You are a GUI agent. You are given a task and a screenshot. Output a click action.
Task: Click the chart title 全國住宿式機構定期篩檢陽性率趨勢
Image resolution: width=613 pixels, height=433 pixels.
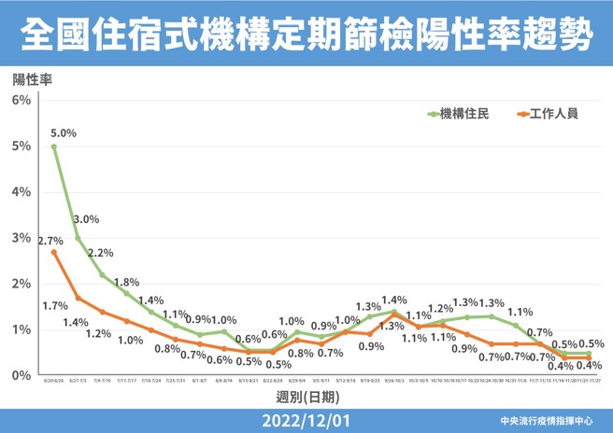[x=306, y=35]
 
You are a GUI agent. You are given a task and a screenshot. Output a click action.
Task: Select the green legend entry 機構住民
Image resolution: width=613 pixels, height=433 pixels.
[x=458, y=115]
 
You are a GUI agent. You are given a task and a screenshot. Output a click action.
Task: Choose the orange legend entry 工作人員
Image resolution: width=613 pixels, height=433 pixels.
[x=547, y=115]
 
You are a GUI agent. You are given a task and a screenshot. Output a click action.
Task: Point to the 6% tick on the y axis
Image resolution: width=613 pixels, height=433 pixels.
[x=22, y=100]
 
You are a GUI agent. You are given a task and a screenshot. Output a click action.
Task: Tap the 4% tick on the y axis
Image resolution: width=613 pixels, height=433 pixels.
[x=22, y=191]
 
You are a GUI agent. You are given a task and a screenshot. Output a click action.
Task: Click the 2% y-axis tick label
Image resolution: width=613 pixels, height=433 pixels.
[x=22, y=284]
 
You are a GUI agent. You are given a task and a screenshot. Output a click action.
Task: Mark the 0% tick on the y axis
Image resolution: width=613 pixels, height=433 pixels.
[x=22, y=375]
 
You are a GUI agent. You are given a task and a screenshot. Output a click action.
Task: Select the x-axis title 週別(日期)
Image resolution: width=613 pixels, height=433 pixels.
[x=306, y=399]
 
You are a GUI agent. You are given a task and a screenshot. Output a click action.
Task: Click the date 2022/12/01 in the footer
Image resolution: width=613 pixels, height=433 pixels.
[x=306, y=421]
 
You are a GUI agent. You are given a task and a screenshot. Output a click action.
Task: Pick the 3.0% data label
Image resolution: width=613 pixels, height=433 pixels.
[x=86, y=219]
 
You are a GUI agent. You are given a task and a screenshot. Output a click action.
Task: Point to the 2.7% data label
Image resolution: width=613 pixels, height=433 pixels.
[x=50, y=241]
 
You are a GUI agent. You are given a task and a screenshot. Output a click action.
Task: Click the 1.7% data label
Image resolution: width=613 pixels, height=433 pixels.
[x=54, y=305]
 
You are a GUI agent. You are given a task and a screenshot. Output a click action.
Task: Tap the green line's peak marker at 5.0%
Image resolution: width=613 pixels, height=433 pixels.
[x=54, y=147]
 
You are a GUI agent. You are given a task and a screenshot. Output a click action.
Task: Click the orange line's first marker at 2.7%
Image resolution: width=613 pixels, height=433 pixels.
[x=54, y=252]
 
